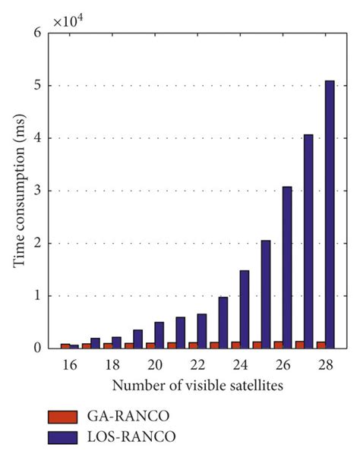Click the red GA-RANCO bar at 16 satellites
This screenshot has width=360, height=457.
(65, 345)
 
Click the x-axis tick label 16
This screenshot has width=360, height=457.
(70, 366)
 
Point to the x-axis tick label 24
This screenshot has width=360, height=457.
(240, 366)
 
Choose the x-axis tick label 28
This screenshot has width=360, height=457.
(325, 366)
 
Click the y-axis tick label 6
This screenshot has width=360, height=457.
(38, 33)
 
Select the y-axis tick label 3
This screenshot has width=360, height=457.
(38, 191)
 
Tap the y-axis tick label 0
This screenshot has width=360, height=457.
(38, 348)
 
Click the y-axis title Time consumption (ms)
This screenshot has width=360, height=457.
(17, 191)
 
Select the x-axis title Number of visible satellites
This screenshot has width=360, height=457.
(197, 386)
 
